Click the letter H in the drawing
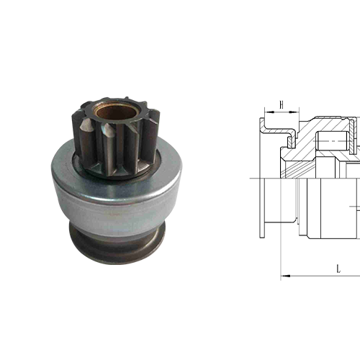282,105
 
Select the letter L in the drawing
338,268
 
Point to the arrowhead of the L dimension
284,275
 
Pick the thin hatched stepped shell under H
285,131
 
